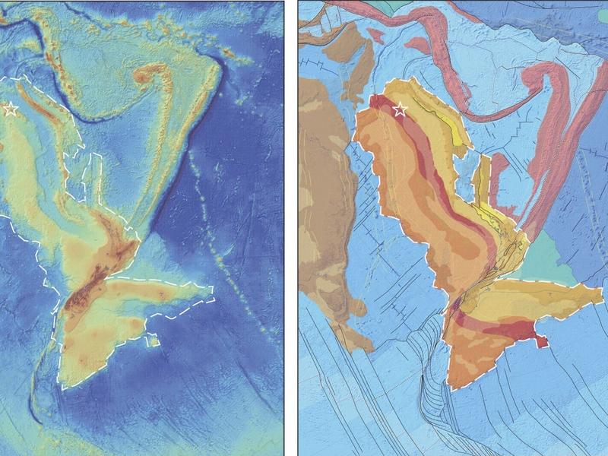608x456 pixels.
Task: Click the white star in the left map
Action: click(x=10, y=109)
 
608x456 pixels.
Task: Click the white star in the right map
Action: click(x=400, y=111)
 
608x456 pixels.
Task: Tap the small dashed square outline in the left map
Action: click(x=153, y=340)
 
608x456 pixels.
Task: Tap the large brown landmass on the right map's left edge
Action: click(x=323, y=190)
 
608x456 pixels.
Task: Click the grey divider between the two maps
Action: click(x=291, y=228)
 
